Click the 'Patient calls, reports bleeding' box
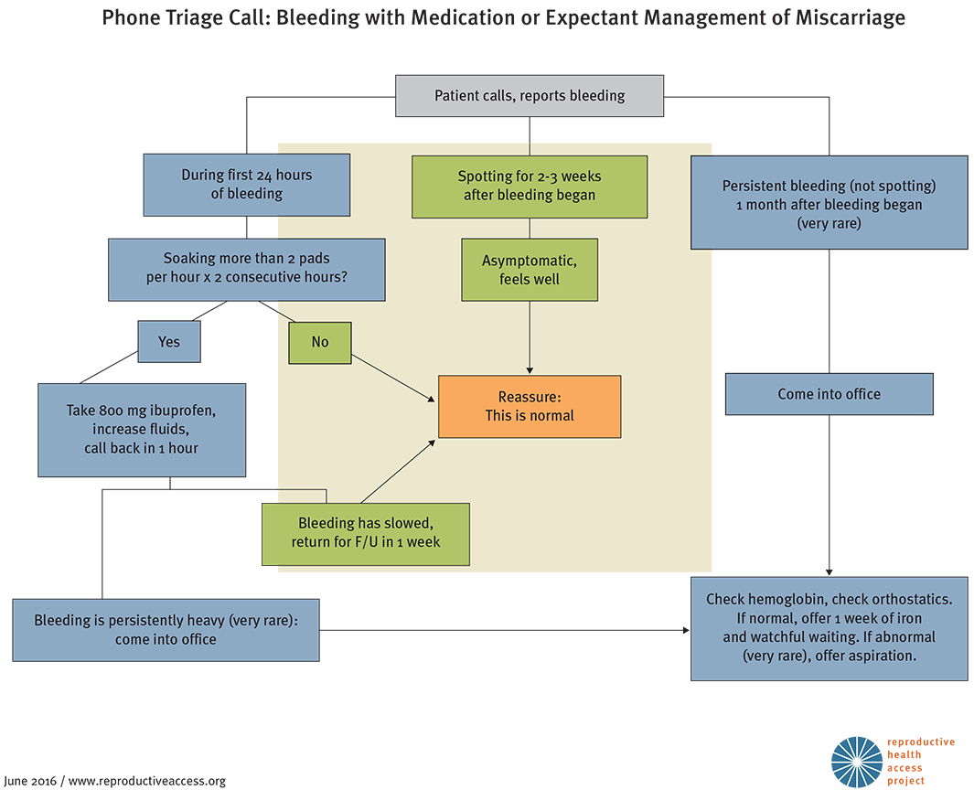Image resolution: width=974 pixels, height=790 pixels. tap(530, 95)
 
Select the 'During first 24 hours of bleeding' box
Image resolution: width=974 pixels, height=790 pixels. tap(246, 185)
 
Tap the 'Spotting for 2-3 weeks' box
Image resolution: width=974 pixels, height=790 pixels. tap(530, 186)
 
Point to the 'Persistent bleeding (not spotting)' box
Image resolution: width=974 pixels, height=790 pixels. tap(829, 203)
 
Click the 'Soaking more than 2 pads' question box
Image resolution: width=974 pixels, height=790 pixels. tap(246, 269)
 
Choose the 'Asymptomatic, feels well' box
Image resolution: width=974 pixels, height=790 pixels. tap(530, 269)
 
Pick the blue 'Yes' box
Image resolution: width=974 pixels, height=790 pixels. tap(169, 342)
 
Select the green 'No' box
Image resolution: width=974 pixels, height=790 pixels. tap(319, 342)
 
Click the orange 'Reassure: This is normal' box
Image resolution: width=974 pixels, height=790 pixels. tap(530, 406)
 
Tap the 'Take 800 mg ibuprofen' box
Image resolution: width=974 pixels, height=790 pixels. tap(142, 429)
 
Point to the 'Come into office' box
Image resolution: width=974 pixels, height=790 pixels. tap(829, 394)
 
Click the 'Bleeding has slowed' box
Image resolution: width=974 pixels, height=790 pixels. tap(366, 533)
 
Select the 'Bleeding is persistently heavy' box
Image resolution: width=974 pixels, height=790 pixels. tap(166, 629)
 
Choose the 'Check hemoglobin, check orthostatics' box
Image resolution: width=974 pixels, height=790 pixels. tap(829, 628)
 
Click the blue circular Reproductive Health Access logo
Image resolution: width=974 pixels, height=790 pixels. tap(856, 761)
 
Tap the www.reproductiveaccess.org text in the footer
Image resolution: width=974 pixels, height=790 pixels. tap(146, 781)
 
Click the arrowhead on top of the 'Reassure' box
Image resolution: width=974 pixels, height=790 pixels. tap(530, 370)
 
